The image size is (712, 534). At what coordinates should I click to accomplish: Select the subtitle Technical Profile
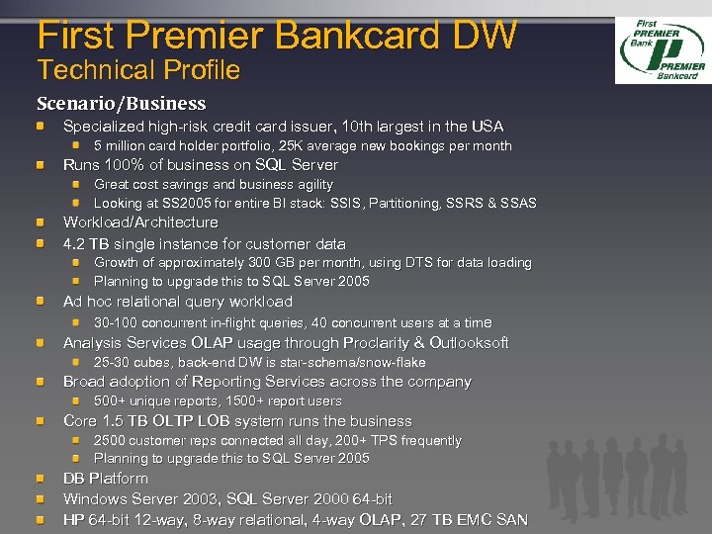click(138, 70)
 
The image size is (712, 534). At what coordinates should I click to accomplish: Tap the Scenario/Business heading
click(122, 103)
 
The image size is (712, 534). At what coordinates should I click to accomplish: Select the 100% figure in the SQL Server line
click(120, 165)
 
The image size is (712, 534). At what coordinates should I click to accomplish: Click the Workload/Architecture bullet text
click(140, 222)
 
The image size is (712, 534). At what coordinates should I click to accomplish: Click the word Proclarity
click(385, 343)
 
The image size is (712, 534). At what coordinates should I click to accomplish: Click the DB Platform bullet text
click(105, 479)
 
